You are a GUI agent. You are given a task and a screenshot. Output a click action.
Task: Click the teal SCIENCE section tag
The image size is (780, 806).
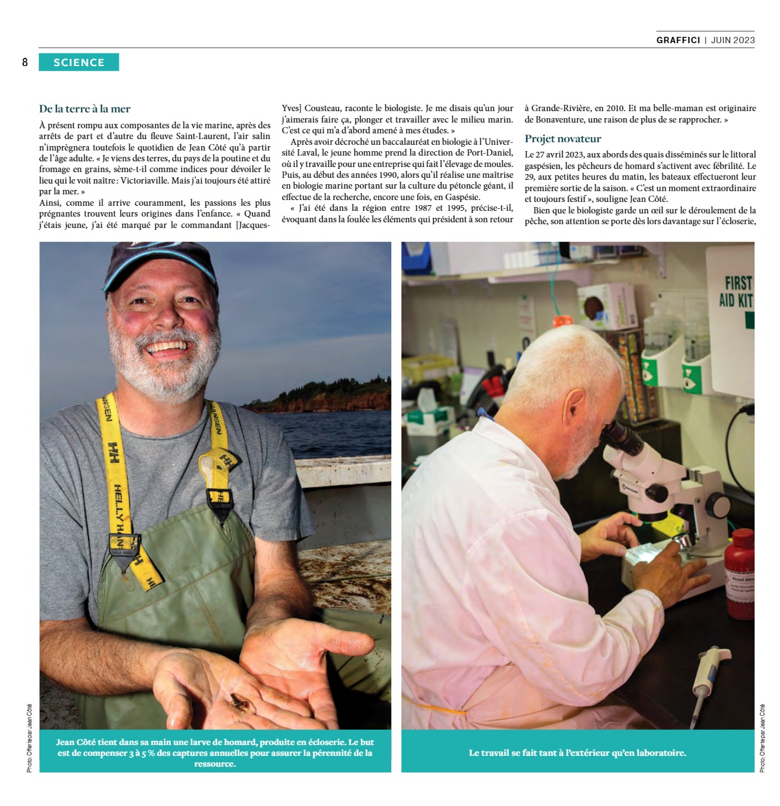tap(79, 62)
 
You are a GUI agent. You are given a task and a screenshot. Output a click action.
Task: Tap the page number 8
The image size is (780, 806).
tap(25, 62)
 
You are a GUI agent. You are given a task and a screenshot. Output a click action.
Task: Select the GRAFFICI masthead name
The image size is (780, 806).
tap(678, 40)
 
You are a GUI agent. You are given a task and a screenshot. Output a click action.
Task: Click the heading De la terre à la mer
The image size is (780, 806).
tap(84, 109)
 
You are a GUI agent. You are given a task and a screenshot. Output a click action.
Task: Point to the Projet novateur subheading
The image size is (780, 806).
tap(562, 138)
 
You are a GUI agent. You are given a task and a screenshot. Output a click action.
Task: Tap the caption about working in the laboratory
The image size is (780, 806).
tap(577, 753)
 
